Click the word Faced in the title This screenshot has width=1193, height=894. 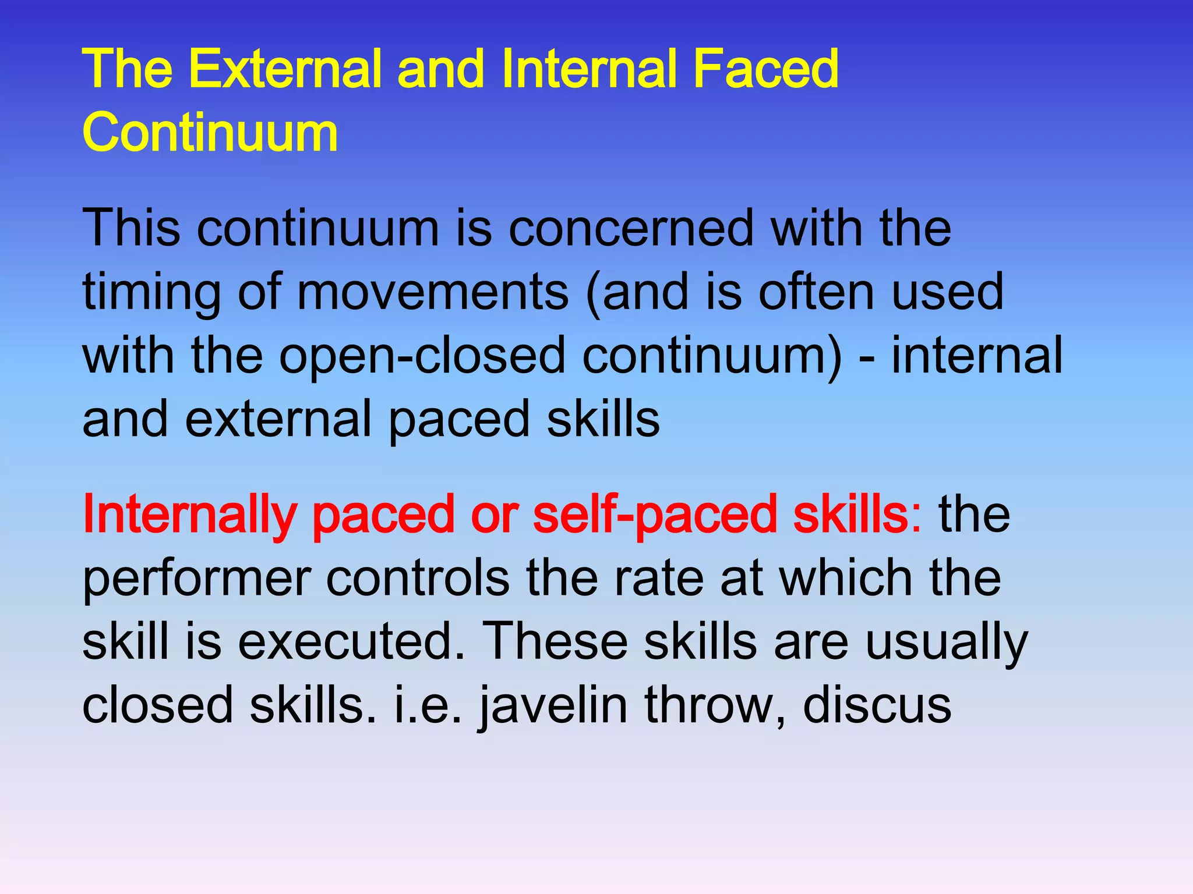pyautogui.click(x=765, y=70)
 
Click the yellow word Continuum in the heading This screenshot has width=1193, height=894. pyautogui.click(x=210, y=133)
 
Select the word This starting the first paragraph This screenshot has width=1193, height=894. pyautogui.click(x=131, y=228)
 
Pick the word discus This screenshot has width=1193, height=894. pyautogui.click(x=877, y=705)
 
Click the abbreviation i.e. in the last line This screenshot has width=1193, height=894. pyautogui.click(x=428, y=705)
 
